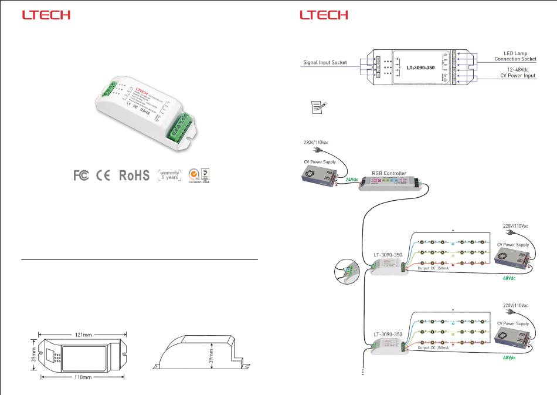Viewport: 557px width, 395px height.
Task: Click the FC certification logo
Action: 81,175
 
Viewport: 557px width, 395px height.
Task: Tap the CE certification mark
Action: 103,175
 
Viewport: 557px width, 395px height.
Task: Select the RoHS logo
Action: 134,175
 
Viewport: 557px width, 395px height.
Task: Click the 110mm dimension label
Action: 81,378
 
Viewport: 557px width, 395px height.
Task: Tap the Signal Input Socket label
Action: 325,62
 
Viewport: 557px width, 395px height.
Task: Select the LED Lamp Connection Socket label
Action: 515,56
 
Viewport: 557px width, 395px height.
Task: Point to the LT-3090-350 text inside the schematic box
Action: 420,67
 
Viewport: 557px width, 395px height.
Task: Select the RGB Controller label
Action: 389,173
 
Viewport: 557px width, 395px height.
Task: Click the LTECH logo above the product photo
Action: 46,15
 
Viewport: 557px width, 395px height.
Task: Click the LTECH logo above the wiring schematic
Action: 324,15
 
